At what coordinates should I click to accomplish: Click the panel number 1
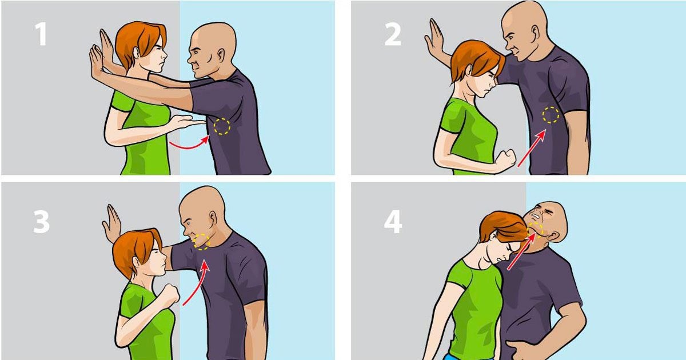[41, 34]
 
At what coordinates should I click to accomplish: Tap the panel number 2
[393, 35]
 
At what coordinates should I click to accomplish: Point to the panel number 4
[393, 222]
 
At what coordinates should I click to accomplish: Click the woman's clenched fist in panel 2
[505, 161]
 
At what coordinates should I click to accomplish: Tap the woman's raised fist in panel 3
[170, 294]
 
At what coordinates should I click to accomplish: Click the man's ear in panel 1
[221, 54]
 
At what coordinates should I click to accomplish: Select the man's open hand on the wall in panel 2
[434, 38]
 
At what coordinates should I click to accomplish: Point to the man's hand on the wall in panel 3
[112, 222]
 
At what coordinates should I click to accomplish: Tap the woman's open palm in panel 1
[187, 122]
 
